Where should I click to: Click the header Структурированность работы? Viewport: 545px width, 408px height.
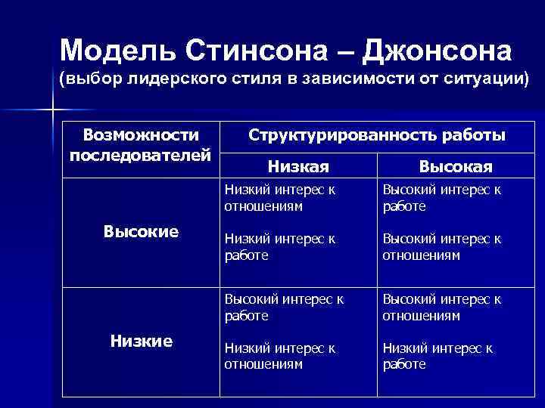pos(378,135)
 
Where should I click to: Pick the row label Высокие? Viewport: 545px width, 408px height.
pos(141,231)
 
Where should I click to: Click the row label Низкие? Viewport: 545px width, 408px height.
pos(141,341)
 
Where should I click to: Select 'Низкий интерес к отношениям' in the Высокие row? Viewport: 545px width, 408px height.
pos(279,198)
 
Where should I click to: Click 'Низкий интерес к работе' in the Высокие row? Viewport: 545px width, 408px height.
pos(279,247)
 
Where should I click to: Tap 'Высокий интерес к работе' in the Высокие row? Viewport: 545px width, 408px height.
pos(441,198)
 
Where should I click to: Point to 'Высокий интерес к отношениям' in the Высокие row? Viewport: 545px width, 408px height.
pos(441,247)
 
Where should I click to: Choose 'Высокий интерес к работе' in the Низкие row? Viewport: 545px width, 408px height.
pos(284,307)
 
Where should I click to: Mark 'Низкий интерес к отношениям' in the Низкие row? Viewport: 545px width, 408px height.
pos(279,356)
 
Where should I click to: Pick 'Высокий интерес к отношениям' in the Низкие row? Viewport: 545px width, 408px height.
pos(441,307)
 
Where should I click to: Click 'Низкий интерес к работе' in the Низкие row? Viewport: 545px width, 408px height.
pos(438,356)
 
